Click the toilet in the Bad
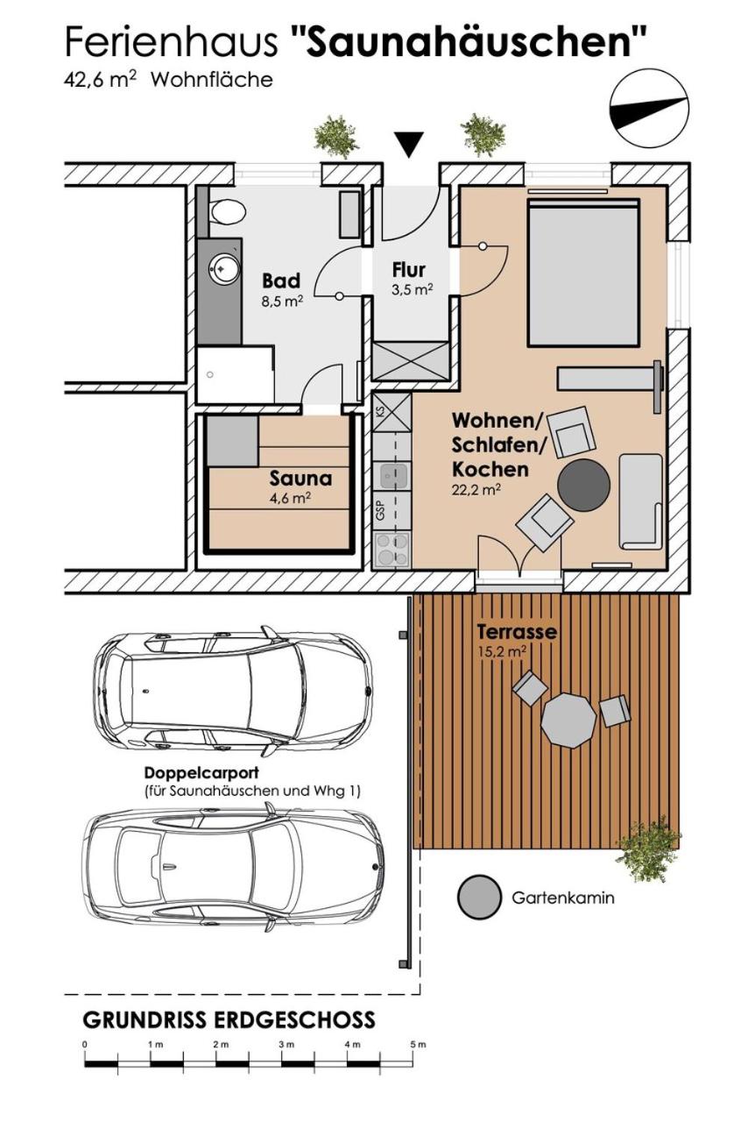click(228, 213)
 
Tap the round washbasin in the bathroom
click(222, 269)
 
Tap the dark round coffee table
click(584, 485)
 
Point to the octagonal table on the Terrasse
click(569, 720)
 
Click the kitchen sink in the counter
click(393, 475)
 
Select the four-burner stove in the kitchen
click(392, 550)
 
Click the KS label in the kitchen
click(380, 412)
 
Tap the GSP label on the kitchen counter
click(380, 511)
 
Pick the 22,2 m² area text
click(476, 489)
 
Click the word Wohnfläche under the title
click(211, 81)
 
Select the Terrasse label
click(517, 632)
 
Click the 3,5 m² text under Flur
click(413, 289)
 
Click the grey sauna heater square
click(234, 440)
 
